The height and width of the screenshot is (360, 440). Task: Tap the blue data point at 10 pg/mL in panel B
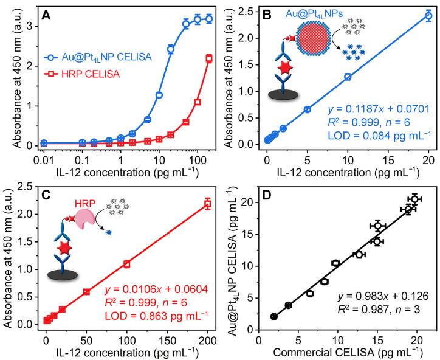pyautogui.click(x=348, y=77)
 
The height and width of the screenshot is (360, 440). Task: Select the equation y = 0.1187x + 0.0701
pyautogui.click(x=378, y=110)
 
